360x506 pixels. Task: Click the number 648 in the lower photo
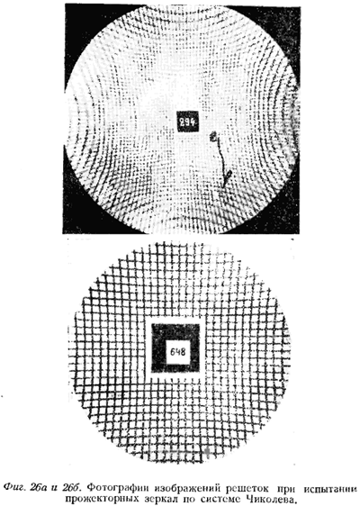click(x=177, y=351)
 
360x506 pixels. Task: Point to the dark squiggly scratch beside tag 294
click(x=220, y=158)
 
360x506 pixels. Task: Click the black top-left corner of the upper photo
click(x=75, y=16)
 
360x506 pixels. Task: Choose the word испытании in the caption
click(x=331, y=486)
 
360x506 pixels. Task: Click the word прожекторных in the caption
click(x=102, y=498)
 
